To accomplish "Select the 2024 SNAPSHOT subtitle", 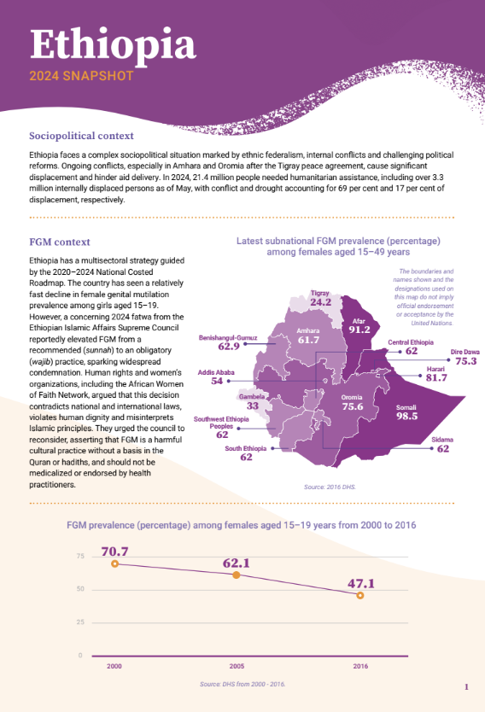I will point(81,76).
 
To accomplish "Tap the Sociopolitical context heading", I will point(81,136).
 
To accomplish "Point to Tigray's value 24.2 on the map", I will point(321,302).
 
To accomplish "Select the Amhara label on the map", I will point(307,330).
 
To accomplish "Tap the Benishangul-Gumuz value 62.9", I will point(229,347).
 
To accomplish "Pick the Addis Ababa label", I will point(217,372).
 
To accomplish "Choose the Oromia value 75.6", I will point(353,407).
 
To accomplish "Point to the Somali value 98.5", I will point(406,417).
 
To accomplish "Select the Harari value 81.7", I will point(436,378).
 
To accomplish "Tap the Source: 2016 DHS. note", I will point(324,487).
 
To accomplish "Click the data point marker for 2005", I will point(237,575).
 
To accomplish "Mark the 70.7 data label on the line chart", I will point(114,552).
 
